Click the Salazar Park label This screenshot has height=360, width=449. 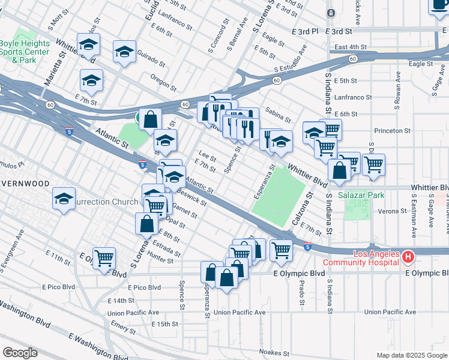(x=360, y=195)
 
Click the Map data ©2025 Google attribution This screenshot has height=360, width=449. (x=412, y=355)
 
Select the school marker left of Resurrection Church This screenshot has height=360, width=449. (x=64, y=199)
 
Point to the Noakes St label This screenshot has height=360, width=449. (x=274, y=353)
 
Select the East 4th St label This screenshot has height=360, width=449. (x=351, y=47)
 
